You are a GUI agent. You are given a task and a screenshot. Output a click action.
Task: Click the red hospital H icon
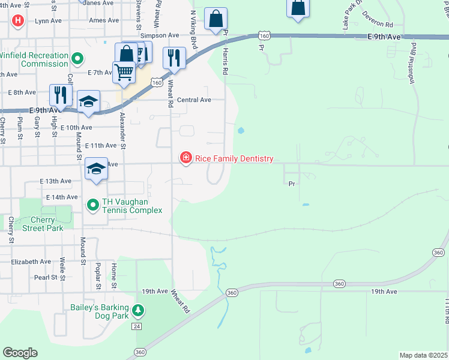coord(18,21)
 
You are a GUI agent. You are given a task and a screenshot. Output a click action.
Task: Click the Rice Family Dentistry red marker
coord(186,158)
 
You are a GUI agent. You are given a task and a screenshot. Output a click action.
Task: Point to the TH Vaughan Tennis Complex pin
coord(93,206)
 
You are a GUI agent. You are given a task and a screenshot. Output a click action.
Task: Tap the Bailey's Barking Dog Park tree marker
coord(139,310)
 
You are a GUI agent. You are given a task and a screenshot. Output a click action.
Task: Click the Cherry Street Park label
coord(43,223)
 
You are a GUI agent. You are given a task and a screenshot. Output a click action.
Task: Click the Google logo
coord(20,353)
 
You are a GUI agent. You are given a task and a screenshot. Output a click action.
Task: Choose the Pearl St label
coord(45,277)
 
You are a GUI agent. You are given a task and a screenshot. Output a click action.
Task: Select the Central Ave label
coord(194,100)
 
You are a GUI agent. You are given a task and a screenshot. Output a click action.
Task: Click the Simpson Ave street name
coord(160,35)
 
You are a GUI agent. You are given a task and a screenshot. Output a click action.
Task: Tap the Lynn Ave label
coord(49,20)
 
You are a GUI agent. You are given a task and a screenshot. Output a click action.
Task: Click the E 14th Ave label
coord(62,197)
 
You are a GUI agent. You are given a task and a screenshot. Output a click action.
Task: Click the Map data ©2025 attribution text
coord(423,355)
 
